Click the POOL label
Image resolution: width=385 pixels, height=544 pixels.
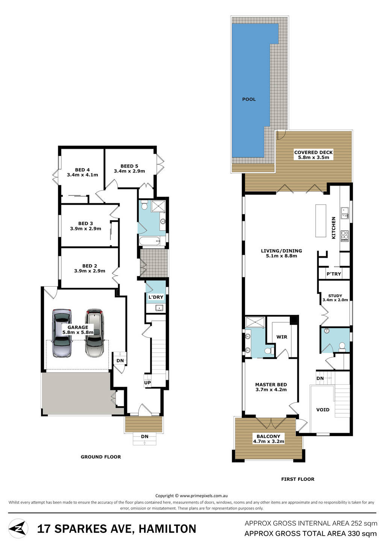[249, 99]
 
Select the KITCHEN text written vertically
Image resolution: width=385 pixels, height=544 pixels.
[333, 228]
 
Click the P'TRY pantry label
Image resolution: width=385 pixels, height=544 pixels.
[333, 274]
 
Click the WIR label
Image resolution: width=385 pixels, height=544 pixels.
[282, 337]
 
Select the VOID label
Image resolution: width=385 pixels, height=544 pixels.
[323, 410]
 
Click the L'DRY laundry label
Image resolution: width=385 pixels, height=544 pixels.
[156, 297]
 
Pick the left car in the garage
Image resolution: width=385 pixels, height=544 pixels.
[62, 333]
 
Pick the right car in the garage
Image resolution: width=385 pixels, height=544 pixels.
[94, 333]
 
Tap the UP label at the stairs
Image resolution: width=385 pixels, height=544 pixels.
[147, 383]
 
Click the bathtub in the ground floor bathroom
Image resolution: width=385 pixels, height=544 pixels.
[150, 242]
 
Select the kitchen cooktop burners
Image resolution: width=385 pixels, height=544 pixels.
[345, 236]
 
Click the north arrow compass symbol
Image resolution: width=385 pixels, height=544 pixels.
[18, 529]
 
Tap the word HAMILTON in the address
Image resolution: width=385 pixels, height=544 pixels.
[167, 529]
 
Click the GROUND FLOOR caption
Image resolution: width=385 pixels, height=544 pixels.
[101, 457]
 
